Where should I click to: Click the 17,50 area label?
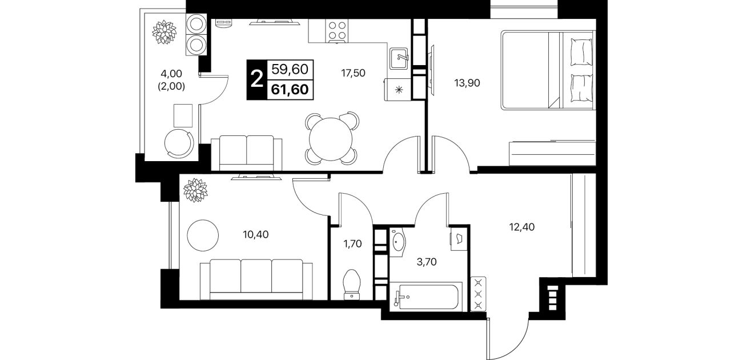coord(354,73)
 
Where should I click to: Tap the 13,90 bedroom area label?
coord(467,83)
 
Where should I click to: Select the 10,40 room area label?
coord(256,235)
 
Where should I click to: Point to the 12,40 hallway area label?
coord(522,227)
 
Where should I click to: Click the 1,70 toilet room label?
coord(352,244)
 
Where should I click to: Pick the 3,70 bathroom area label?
coord(427,262)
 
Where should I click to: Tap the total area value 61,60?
coord(290,90)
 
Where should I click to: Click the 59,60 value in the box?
coord(290,69)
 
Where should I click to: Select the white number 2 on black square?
coord(257,80)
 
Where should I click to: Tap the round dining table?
coord(331,139)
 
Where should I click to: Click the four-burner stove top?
coord(337,31)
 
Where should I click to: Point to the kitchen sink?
coord(399,58)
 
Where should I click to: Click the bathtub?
coord(426,297)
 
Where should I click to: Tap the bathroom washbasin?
coord(397,242)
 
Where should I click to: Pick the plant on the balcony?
coord(163,32)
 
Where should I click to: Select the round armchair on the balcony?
coord(179,143)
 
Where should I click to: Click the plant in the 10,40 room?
coord(195,190)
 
